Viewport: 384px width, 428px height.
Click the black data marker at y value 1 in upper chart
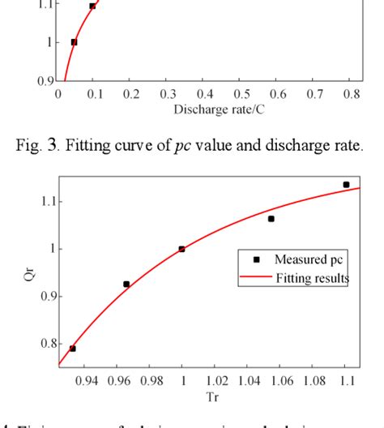coord(74,42)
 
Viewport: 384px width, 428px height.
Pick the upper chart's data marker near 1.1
coord(92,6)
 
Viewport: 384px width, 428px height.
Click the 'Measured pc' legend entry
coord(310,260)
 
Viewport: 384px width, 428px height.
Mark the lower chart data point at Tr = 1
coord(181,249)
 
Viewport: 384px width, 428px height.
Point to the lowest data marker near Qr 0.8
coord(73,349)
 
